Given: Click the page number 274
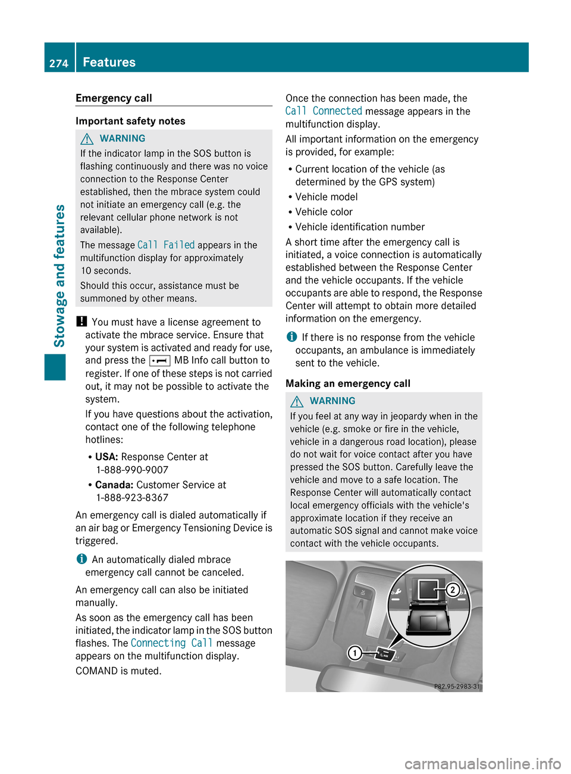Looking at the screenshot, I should [59, 63].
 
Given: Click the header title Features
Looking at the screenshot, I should [109, 62].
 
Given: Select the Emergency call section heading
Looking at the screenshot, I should [114, 98].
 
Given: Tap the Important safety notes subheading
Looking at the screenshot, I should [130, 121].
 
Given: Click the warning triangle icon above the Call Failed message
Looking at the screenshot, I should [87, 139].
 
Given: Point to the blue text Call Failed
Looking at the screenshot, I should [166, 245].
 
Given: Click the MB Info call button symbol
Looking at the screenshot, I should [159, 361].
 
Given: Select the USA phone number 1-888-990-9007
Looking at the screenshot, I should [132, 470].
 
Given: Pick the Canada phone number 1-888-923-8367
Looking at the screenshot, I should [132, 498].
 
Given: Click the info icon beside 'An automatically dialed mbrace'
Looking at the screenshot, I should [81, 559].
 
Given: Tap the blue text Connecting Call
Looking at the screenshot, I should [171, 643].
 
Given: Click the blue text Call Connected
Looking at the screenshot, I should [324, 111].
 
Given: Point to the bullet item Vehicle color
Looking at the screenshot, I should [324, 212].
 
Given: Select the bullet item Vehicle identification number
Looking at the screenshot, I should [360, 227].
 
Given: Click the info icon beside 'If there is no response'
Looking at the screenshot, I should [291, 337].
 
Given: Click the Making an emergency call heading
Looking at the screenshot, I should [348, 383].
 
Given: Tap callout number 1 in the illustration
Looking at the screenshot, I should [354, 653].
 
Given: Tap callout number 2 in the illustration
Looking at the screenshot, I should [453, 589].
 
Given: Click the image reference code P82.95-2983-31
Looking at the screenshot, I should [456, 686].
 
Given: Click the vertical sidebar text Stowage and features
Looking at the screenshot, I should [59, 275].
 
